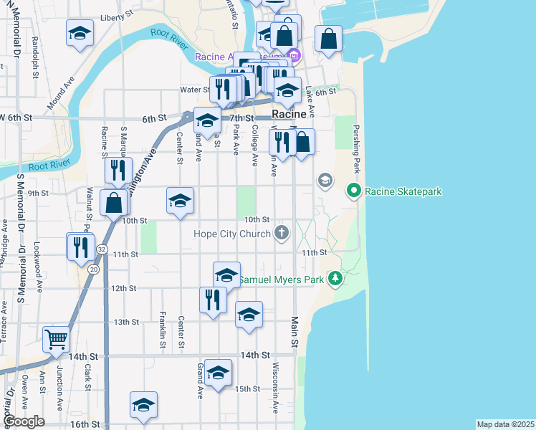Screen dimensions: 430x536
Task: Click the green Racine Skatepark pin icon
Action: pyautogui.click(x=353, y=191)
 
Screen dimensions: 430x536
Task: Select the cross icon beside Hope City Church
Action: pyautogui.click(x=282, y=233)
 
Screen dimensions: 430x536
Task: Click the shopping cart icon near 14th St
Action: pyautogui.click(x=56, y=339)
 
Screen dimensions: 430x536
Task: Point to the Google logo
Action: pyautogui.click(x=24, y=421)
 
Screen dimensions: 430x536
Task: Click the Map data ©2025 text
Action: pyautogui.click(x=505, y=424)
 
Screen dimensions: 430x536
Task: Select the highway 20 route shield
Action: pyautogui.click(x=95, y=269)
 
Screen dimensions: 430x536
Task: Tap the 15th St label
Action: pyautogui.click(x=247, y=389)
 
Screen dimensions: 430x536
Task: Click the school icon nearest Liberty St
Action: pyautogui.click(x=80, y=33)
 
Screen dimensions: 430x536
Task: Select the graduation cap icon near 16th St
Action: pyautogui.click(x=143, y=404)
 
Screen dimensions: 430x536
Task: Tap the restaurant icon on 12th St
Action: pyautogui.click(x=212, y=299)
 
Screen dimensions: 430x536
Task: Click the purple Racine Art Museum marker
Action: pyautogui.click(x=292, y=56)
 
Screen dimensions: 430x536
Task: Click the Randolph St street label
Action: pyautogui.click(x=34, y=58)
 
